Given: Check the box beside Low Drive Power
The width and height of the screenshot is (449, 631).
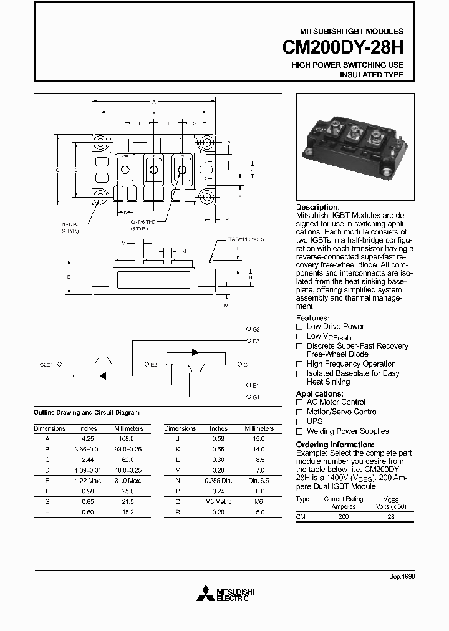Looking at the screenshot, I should click(x=299, y=327).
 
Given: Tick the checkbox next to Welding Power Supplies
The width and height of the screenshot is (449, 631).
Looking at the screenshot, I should click(x=299, y=431).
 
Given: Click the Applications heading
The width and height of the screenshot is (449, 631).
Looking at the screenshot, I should click(x=319, y=394).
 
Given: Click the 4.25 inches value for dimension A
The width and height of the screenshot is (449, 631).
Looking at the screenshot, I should click(x=88, y=438).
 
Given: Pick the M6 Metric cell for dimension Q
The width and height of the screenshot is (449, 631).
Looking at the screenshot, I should click(x=218, y=501).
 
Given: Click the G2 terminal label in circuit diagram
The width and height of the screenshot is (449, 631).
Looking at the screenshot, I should click(x=256, y=329).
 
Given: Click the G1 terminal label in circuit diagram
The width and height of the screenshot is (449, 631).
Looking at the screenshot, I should click(x=256, y=397).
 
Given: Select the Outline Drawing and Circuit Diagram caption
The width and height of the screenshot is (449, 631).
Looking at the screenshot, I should click(x=86, y=413).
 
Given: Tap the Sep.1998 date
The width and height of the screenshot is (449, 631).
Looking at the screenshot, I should click(x=402, y=577).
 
